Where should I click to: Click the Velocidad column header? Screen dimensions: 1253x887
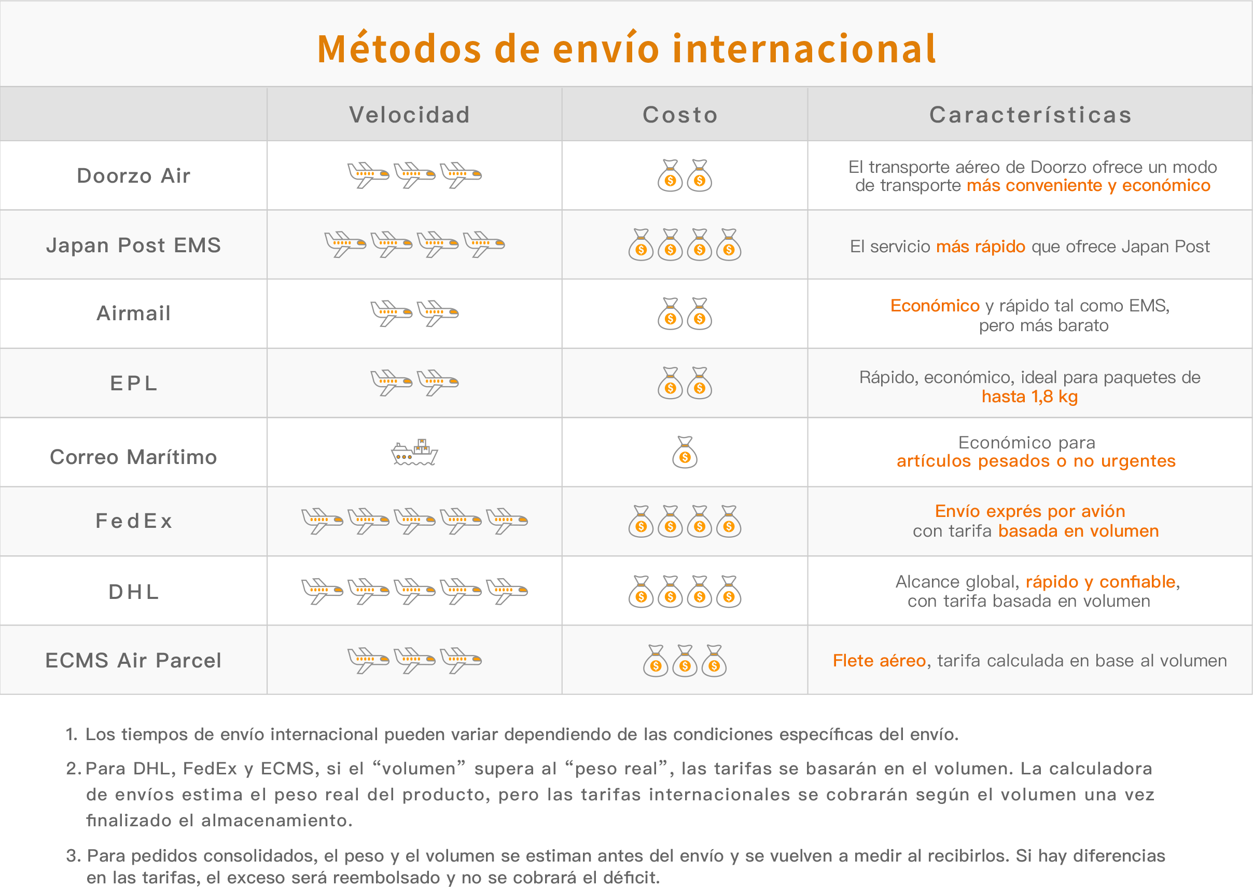[409, 115]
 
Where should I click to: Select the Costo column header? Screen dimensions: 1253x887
[680, 115]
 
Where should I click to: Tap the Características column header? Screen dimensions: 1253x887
[1031, 115]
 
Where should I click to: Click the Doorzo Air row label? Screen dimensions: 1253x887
[134, 176]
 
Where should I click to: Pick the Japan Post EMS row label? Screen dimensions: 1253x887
[134, 245]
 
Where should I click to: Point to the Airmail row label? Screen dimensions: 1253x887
[134, 313]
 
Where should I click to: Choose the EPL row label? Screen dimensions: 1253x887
[134, 384]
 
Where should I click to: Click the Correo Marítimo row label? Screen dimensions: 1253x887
[134, 457]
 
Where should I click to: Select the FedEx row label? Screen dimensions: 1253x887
[134, 521]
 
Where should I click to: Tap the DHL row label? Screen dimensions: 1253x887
[134, 592]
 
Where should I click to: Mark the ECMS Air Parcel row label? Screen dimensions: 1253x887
[134, 660]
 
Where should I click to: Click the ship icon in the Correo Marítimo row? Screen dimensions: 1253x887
[415, 452]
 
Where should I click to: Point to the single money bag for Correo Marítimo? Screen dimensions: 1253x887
[685, 452]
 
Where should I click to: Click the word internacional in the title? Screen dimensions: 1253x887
[804, 49]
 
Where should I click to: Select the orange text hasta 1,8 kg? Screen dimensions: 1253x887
[1030, 397]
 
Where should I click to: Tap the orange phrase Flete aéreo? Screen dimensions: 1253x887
[879, 661]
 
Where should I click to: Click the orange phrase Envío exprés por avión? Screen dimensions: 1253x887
[1030, 511]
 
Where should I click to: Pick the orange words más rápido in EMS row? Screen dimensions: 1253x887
[981, 247]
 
